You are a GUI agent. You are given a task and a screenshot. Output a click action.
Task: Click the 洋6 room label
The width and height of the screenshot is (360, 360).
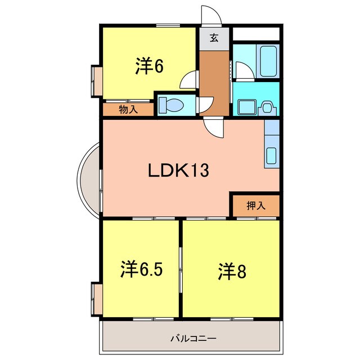click(x=149, y=66)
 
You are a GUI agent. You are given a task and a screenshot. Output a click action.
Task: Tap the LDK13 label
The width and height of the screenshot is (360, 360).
click(x=178, y=170)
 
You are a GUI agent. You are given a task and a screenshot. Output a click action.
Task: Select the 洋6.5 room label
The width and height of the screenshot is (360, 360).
click(x=141, y=269)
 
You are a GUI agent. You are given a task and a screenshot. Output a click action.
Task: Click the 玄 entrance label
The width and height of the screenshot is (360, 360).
click(x=214, y=38)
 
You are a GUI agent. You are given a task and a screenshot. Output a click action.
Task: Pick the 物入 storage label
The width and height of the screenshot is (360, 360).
click(x=128, y=110)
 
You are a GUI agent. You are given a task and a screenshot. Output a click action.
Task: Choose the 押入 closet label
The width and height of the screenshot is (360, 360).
click(x=255, y=206)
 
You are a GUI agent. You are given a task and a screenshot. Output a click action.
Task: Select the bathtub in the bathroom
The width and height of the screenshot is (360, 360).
click(x=266, y=59)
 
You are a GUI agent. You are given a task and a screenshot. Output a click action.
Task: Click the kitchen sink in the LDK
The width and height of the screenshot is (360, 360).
click(x=271, y=155)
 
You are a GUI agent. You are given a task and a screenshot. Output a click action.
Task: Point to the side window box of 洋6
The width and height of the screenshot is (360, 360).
click(x=94, y=82)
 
